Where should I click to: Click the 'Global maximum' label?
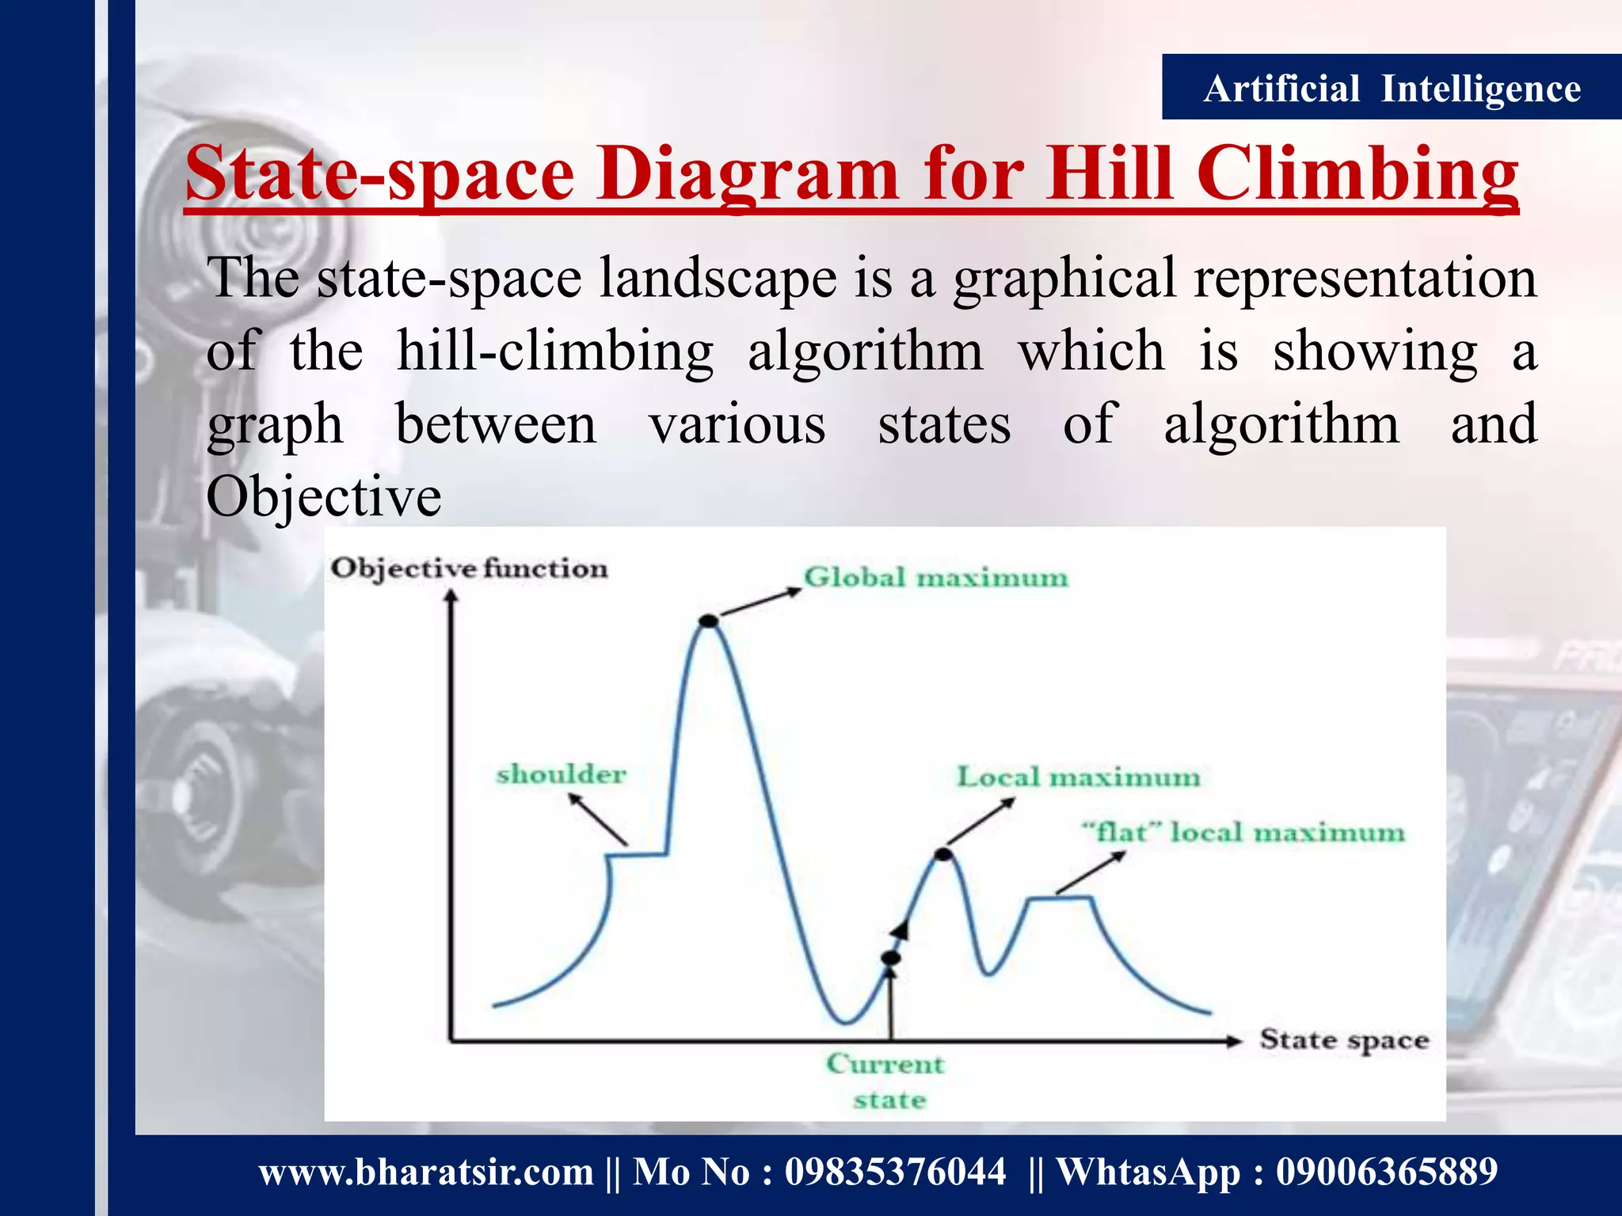[x=935, y=577]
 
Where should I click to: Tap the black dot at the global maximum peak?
[x=709, y=621]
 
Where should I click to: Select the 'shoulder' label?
[x=561, y=773]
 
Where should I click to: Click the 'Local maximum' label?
[x=1078, y=777]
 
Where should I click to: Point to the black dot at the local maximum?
[x=942, y=854]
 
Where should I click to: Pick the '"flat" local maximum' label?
[x=1243, y=833]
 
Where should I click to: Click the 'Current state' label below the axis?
[x=887, y=1081]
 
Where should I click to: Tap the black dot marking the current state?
[x=891, y=958]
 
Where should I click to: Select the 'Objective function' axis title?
[x=469, y=568]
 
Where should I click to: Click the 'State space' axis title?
[x=1344, y=1040]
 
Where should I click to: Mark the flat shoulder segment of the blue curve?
[x=638, y=854]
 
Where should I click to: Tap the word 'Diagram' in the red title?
[x=748, y=174]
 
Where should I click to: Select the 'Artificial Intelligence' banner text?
[x=1392, y=88]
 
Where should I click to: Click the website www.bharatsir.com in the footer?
[x=426, y=1172]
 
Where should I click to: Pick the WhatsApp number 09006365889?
[x=1386, y=1172]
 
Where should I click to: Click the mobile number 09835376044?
[x=895, y=1172]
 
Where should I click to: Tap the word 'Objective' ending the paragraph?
[x=323, y=497]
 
